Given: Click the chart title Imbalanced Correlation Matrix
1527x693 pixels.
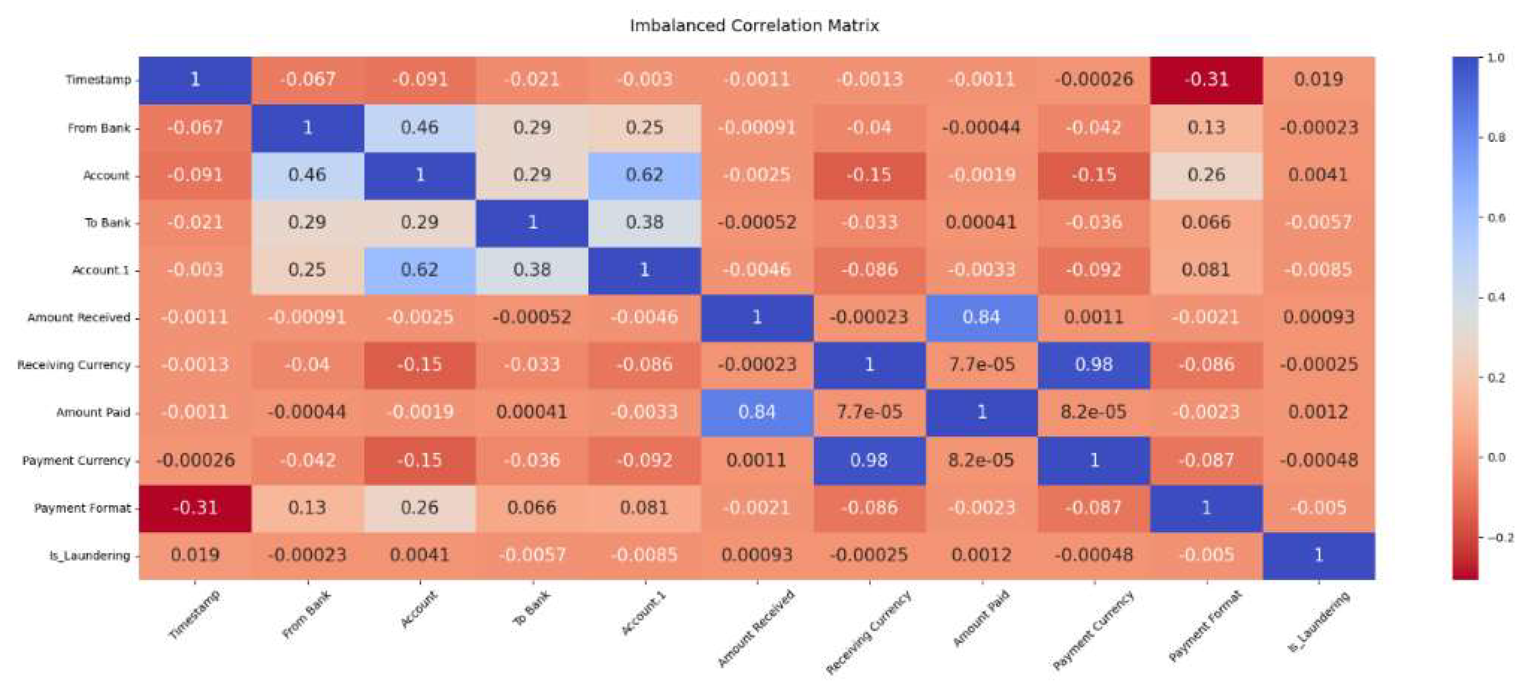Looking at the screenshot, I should pyautogui.click(x=754, y=25).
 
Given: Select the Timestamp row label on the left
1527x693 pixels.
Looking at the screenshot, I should pyautogui.click(x=98, y=80).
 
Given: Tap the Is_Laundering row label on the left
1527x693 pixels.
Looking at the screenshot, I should pyautogui.click(x=90, y=556).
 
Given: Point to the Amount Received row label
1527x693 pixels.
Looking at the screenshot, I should pyautogui.click(x=79, y=317).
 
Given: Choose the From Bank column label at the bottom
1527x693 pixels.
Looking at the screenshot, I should pyautogui.click(x=307, y=615).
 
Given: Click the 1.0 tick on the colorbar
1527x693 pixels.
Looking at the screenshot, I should pyautogui.click(x=1495, y=58).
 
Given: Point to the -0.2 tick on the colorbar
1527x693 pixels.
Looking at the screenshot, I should pyautogui.click(x=1500, y=537).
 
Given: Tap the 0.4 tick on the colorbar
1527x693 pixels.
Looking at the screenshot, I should pyautogui.click(x=1495, y=297).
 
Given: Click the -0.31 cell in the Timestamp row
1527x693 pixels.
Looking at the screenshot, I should pyautogui.click(x=1206, y=80).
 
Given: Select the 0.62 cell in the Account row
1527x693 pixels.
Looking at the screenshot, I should pyautogui.click(x=644, y=175).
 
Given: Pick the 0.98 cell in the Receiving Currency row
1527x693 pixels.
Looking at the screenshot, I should pyautogui.click(x=1093, y=364).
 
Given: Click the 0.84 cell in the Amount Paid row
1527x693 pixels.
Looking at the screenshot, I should pyautogui.click(x=757, y=412).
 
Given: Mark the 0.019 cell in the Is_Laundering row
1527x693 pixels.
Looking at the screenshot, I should pyautogui.click(x=195, y=555).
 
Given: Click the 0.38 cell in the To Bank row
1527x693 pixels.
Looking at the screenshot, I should pyautogui.click(x=644, y=223).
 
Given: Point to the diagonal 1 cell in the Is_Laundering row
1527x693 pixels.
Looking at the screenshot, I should pyautogui.click(x=1318, y=555).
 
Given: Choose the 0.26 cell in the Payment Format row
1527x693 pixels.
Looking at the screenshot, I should pyautogui.click(x=420, y=508).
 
